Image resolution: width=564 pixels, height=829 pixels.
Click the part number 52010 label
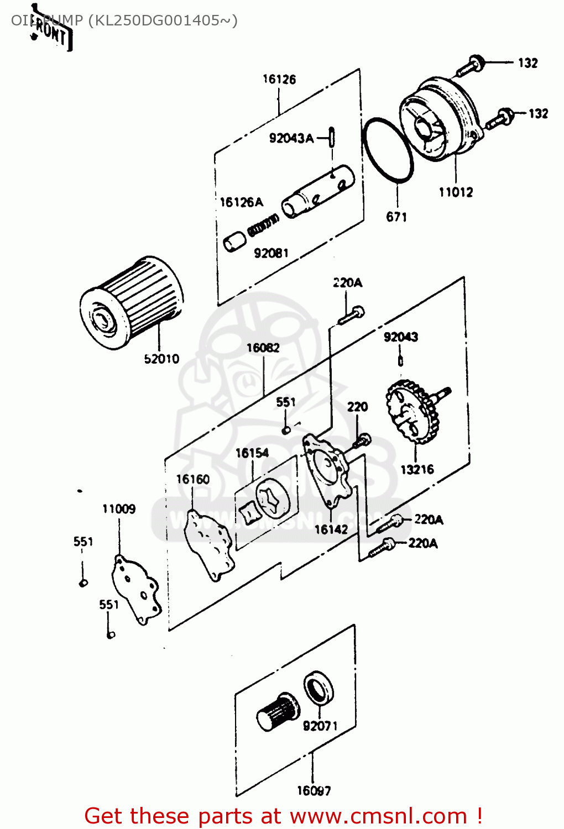tap(161, 359)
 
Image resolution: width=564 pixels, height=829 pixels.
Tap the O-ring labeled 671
tap(388, 149)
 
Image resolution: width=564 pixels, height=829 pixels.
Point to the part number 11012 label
tap(456, 192)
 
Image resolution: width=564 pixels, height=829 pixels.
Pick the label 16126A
tap(242, 202)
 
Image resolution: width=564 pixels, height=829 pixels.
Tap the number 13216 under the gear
tap(417, 470)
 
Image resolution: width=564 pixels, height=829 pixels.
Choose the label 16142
tap(331, 529)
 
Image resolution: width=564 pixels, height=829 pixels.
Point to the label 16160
tap(193, 479)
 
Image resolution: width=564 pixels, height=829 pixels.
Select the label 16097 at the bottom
tap(314, 791)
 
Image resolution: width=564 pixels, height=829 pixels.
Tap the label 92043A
tap(291, 138)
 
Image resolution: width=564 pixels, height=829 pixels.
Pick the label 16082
tap(263, 348)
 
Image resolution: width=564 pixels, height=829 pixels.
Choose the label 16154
tap(252, 453)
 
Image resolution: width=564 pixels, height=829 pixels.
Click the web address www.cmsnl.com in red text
tap(379, 816)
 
